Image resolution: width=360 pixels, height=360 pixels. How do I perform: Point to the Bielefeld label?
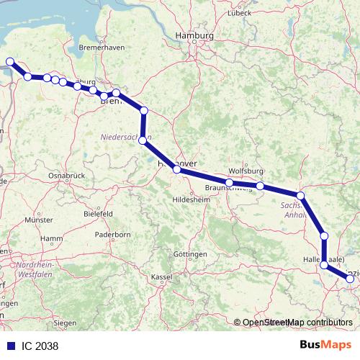pos(98,214)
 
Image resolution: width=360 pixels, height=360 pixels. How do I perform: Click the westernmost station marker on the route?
pos(9,62)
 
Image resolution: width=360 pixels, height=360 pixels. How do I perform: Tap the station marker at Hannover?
pos(176,170)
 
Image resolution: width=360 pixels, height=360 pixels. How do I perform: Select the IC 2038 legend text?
pos(40,346)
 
